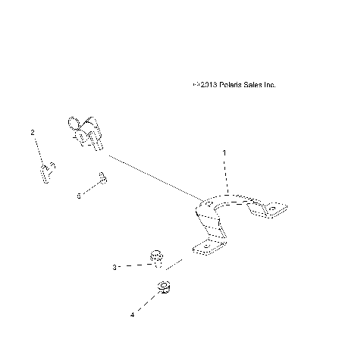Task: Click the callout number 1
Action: (224, 152)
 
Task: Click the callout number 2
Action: (32, 133)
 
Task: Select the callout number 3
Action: (115, 267)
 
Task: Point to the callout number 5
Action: (78, 196)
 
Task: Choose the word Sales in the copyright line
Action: (251, 85)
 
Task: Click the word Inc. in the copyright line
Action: (269, 85)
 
